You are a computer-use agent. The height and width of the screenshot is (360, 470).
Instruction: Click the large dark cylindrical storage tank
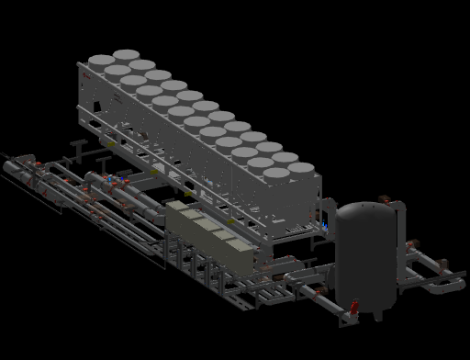click(367, 257)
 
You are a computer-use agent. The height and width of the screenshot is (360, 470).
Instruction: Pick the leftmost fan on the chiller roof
click(101, 62)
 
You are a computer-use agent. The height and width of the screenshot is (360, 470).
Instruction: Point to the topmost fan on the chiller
click(127, 56)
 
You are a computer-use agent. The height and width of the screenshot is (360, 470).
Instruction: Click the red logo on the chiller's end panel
click(85, 71)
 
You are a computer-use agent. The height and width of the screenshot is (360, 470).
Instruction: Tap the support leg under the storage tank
click(377, 314)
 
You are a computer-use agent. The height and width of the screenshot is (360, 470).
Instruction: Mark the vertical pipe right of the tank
click(405, 248)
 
